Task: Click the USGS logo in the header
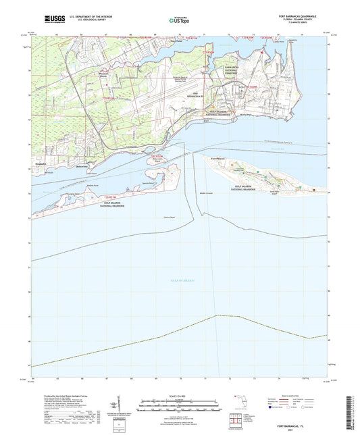point(51,20)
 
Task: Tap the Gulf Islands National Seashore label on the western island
point(92,200)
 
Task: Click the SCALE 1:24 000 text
point(180,396)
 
